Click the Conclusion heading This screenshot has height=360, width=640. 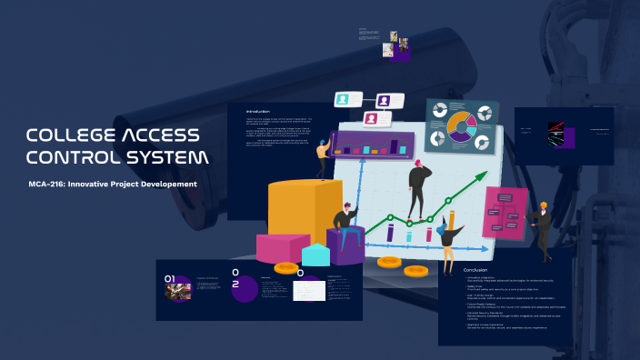(475, 270)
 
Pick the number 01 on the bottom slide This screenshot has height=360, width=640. (169, 278)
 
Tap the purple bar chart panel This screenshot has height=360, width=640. (374, 144)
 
